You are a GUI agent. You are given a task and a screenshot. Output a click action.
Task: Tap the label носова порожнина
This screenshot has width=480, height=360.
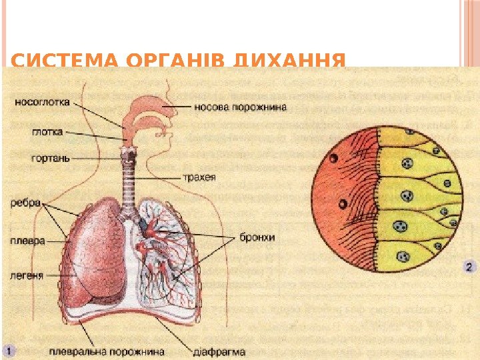click(241, 105)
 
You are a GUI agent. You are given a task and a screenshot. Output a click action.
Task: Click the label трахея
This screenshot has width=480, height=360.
click(199, 177)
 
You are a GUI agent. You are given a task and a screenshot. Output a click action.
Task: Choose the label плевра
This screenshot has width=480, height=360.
click(27, 241)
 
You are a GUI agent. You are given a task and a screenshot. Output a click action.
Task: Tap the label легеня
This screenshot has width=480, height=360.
click(27, 273)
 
